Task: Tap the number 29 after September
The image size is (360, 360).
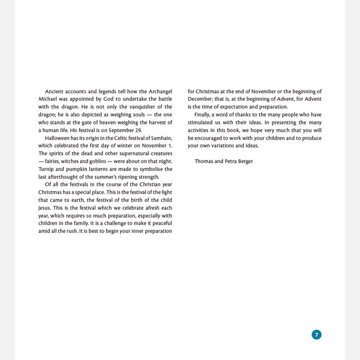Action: click(138, 130)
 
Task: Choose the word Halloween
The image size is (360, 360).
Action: click(60, 138)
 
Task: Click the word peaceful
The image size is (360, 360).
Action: click(159, 223)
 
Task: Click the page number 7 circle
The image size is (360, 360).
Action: click(316, 334)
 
